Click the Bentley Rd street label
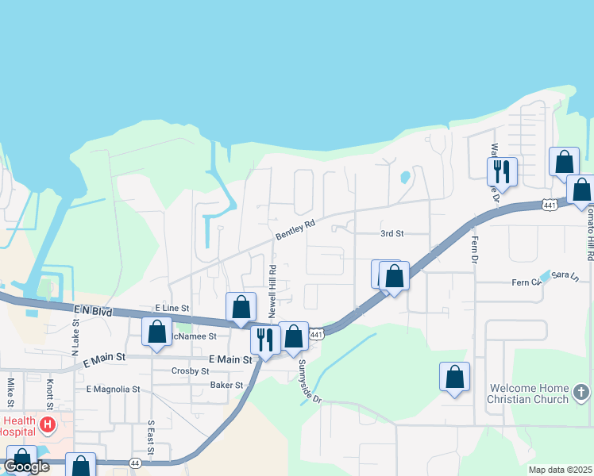295,230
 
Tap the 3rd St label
391,234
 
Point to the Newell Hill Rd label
272,292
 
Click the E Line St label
172,308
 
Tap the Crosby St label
190,370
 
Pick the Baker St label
226,385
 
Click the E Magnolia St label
113,390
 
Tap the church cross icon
581,393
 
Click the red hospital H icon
47,426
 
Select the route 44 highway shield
135,463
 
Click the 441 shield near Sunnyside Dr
317,336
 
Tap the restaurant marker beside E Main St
265,340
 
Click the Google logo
27,466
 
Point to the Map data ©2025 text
560,470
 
